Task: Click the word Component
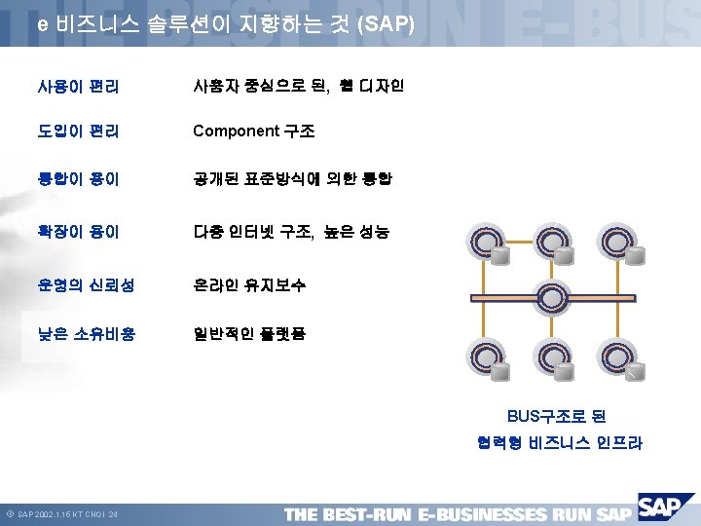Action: tap(234, 131)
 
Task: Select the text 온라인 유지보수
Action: tap(249, 285)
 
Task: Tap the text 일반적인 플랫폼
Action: tap(249, 334)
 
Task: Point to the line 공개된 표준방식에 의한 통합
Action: tap(292, 180)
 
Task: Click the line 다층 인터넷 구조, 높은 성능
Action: tap(291, 233)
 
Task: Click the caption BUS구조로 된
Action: tap(556, 416)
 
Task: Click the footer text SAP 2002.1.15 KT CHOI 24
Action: tap(68, 514)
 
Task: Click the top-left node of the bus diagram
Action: tap(486, 243)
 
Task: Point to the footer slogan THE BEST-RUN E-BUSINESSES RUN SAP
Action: tap(458, 513)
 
